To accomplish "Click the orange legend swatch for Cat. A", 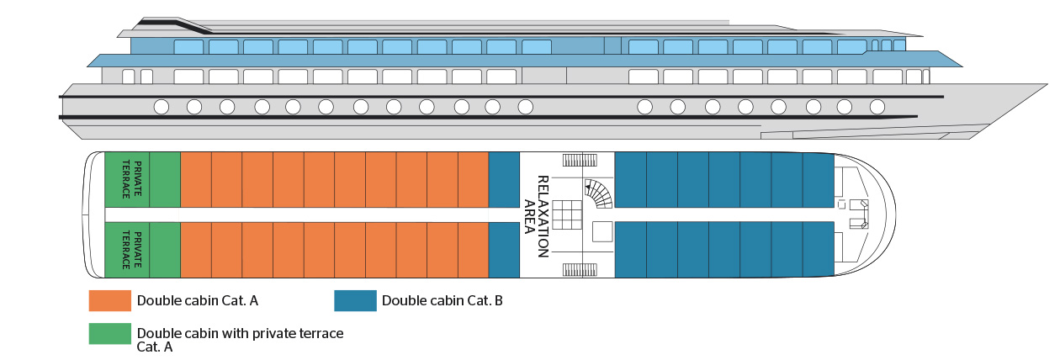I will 109,300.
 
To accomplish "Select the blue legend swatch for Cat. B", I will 354,300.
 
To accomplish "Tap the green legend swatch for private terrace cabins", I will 109,334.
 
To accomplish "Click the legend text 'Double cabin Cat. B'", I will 442,300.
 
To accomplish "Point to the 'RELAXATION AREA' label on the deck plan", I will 536,215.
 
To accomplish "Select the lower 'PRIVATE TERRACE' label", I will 126,249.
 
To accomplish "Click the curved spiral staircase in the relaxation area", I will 600,194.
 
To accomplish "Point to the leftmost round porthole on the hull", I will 161,107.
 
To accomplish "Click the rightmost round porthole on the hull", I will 877,107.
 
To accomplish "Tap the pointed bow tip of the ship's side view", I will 1047,86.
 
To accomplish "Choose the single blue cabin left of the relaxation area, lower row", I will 504,250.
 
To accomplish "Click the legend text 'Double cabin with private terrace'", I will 240,333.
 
